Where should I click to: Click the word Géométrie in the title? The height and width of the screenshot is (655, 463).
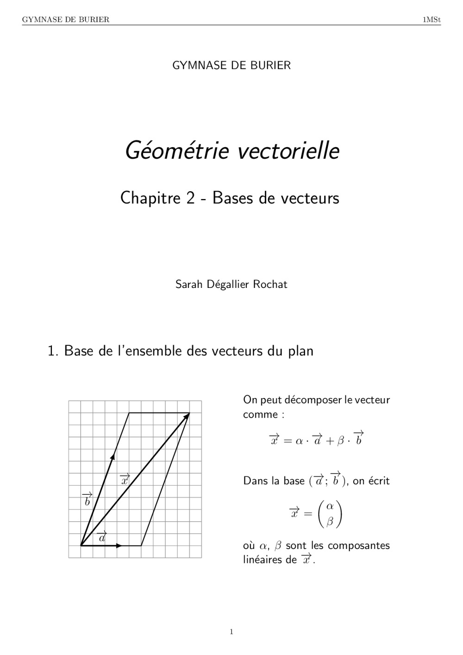point(176,150)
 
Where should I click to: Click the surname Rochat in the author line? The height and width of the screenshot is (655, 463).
point(270,284)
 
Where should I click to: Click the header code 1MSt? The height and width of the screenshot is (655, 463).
point(432,19)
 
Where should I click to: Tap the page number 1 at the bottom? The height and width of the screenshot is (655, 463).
point(231,632)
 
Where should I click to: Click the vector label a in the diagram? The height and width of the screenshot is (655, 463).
point(102,537)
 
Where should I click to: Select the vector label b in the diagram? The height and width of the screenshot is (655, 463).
point(87,500)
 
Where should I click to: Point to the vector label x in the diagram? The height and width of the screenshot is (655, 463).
point(125,480)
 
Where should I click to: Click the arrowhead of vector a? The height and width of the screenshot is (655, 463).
point(119,546)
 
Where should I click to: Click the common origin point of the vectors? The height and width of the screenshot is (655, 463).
point(81,546)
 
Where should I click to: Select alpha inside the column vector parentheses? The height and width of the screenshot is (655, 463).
point(330,506)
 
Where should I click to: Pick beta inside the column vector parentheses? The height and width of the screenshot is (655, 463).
point(330,521)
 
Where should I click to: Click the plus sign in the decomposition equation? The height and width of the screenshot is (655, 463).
point(330,441)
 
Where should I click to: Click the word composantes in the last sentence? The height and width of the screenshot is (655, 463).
point(359,545)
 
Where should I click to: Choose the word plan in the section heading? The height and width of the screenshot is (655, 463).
point(300,351)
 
